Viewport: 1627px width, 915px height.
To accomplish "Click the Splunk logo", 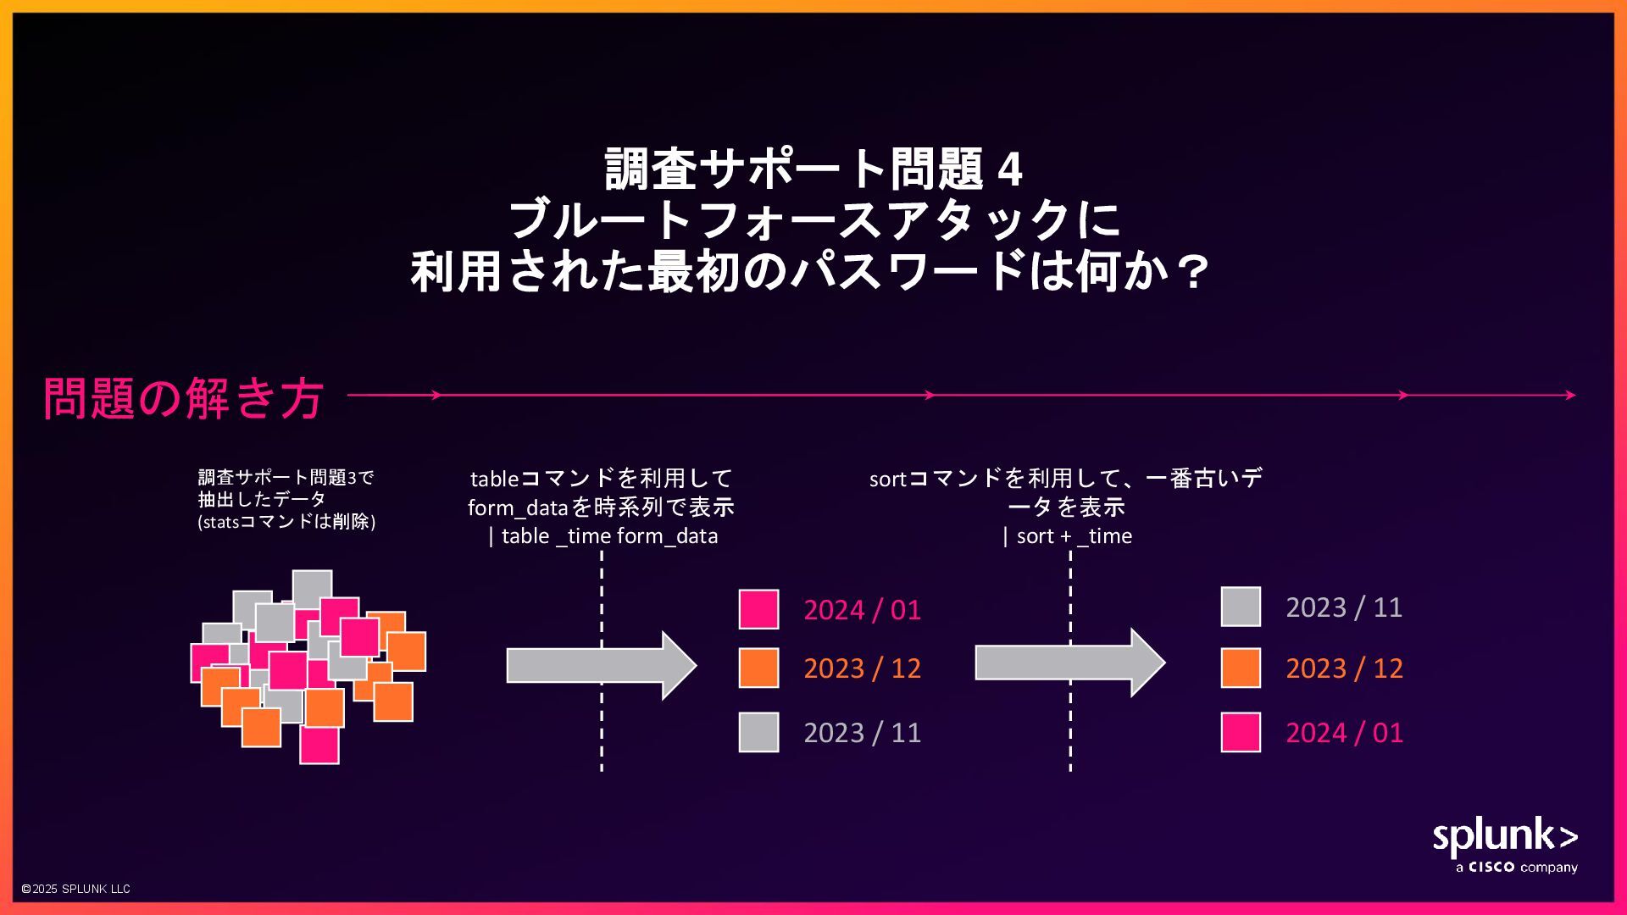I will click(1504, 837).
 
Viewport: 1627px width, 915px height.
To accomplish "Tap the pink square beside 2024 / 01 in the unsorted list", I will click(758, 609).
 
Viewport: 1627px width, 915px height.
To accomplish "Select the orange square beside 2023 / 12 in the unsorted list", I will click(758, 668).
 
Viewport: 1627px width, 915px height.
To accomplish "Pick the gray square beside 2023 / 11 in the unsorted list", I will click(758, 732).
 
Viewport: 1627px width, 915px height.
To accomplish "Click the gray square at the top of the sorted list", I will click(1241, 607).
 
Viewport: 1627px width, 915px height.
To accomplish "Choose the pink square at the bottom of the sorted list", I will click(1241, 732).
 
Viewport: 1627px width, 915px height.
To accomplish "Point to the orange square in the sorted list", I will click(1241, 668).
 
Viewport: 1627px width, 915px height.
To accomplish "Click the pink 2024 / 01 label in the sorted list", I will click(1344, 733).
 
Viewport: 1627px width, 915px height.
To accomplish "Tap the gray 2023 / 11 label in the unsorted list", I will click(862, 733).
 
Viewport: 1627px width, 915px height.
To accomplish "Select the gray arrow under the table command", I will click(601, 665).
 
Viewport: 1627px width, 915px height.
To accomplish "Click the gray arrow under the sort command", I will click(1069, 663).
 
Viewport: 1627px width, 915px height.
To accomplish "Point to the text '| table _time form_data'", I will click(602, 536).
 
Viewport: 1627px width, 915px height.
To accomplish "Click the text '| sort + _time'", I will click(1067, 536).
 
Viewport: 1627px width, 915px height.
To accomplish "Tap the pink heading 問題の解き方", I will click(183, 397).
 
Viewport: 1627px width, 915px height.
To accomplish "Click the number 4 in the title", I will click(1010, 169).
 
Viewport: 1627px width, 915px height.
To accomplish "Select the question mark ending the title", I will click(1194, 273).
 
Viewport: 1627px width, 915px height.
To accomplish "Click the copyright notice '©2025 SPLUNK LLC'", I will click(75, 889).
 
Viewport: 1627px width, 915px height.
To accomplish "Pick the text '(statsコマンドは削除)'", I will click(286, 522).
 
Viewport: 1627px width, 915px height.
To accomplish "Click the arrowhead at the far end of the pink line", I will click(1571, 395).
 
